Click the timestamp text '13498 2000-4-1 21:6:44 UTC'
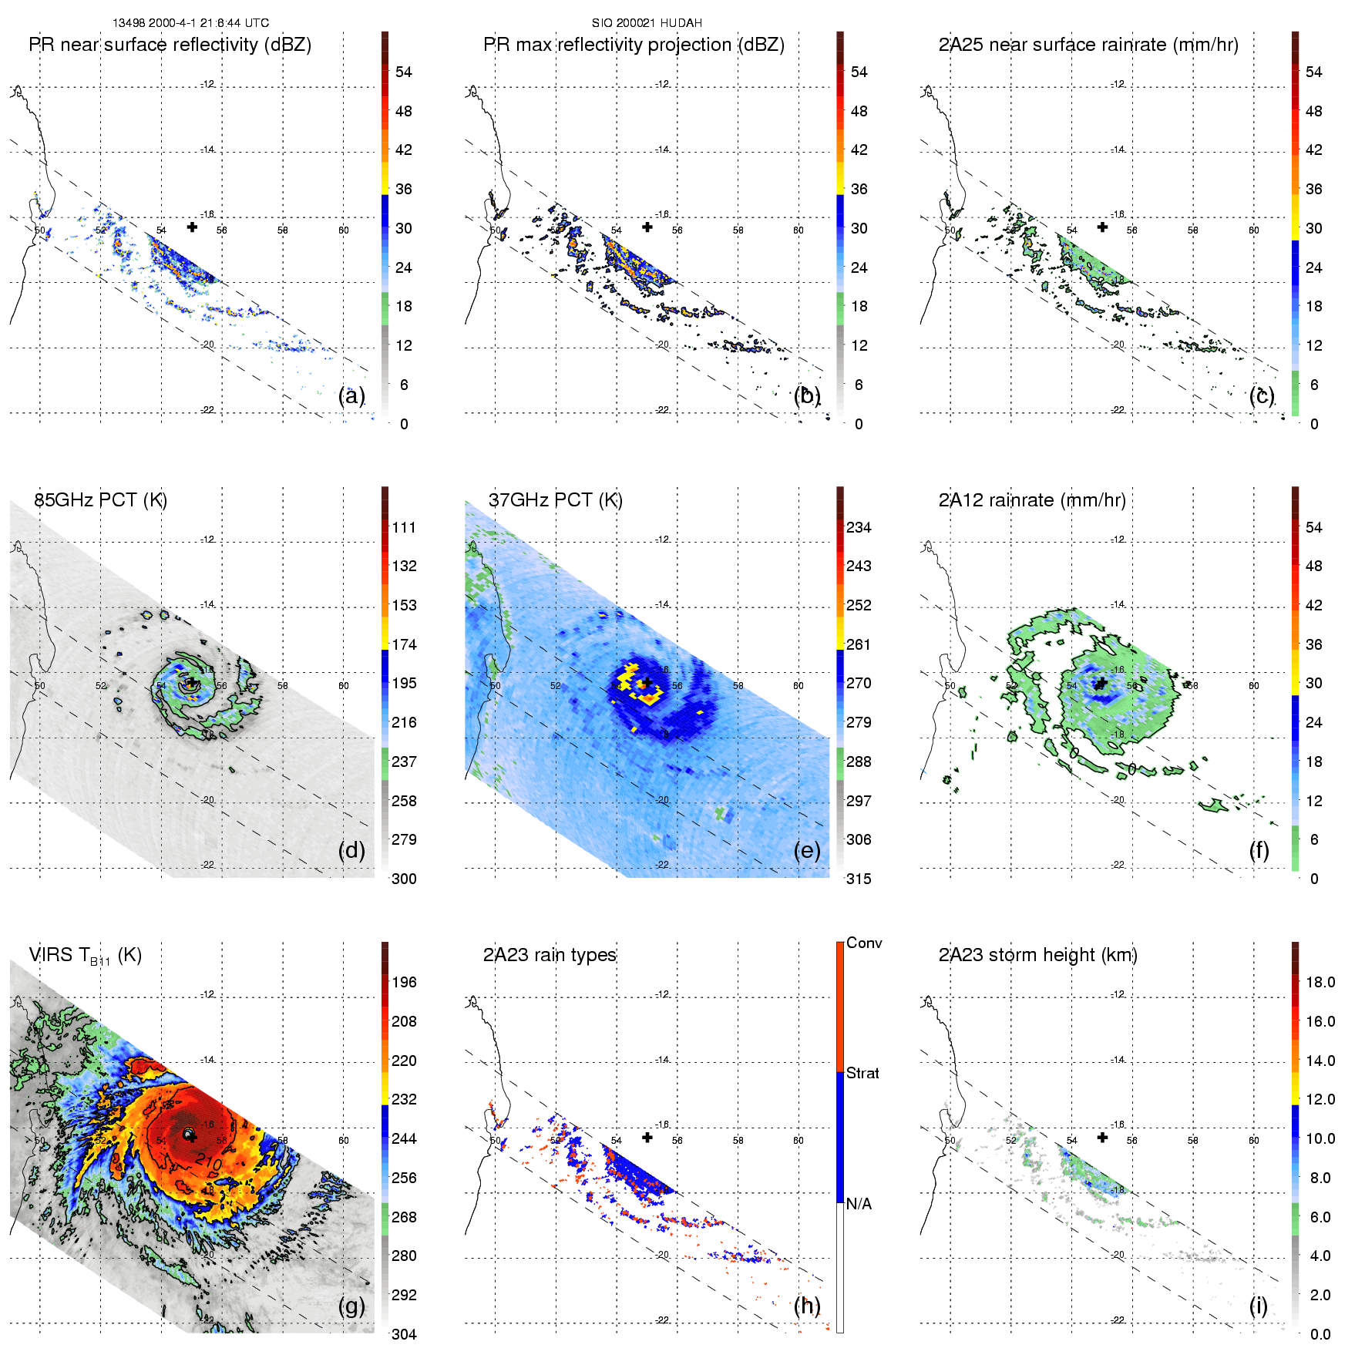click(x=190, y=23)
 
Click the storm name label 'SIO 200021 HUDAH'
click(x=647, y=23)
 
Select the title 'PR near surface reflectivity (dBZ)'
click(x=170, y=45)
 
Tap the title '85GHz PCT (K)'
click(x=100, y=500)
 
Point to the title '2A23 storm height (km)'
click(x=1037, y=955)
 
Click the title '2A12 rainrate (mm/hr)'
click(x=1032, y=500)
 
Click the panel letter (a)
click(x=351, y=395)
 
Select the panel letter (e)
click(x=807, y=850)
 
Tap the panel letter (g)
click(x=351, y=1306)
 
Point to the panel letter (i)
click(x=1258, y=1306)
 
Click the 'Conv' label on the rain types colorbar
click(x=864, y=943)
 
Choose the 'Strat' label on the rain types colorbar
click(x=862, y=1073)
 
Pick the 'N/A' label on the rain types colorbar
click(x=859, y=1204)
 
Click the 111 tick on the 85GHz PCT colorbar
click(x=404, y=527)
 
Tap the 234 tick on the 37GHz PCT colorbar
click(x=859, y=527)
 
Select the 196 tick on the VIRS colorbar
click(x=404, y=982)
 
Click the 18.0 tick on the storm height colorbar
click(x=1320, y=982)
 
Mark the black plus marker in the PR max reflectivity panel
click(x=647, y=227)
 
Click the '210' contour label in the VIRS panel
click(x=208, y=1161)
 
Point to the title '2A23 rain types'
click(x=550, y=955)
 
